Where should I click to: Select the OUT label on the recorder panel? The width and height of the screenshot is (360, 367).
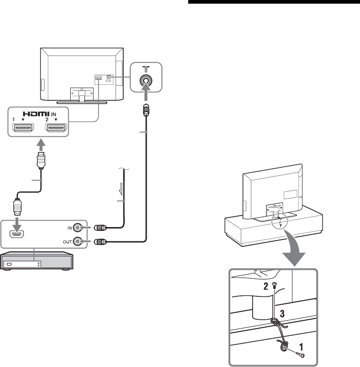(x=66, y=242)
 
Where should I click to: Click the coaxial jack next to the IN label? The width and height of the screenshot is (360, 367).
(x=80, y=227)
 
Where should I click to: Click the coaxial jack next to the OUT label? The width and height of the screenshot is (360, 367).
(x=80, y=242)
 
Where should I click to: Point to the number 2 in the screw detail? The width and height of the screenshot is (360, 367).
(x=265, y=287)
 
